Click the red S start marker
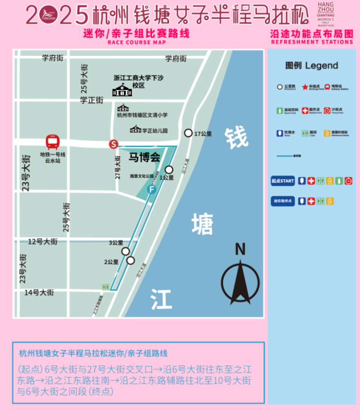[x=114, y=144]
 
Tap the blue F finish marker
[x=152, y=190]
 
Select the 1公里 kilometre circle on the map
[x=169, y=170]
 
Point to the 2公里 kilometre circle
[x=130, y=260]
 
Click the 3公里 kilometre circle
[x=126, y=251]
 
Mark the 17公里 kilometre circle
[x=188, y=133]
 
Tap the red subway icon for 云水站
[x=53, y=142]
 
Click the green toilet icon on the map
[x=106, y=287]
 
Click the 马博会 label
[x=144, y=158]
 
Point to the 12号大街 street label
[x=43, y=242]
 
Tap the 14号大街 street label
[x=39, y=293]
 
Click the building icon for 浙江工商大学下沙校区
[x=122, y=90]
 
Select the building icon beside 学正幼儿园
[x=135, y=130]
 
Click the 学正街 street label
[x=92, y=100]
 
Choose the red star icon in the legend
[x=305, y=87]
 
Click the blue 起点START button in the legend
[x=283, y=181]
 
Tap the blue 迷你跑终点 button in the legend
[x=283, y=201]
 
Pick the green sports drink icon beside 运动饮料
[x=279, y=110]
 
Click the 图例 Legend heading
[x=311, y=66]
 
